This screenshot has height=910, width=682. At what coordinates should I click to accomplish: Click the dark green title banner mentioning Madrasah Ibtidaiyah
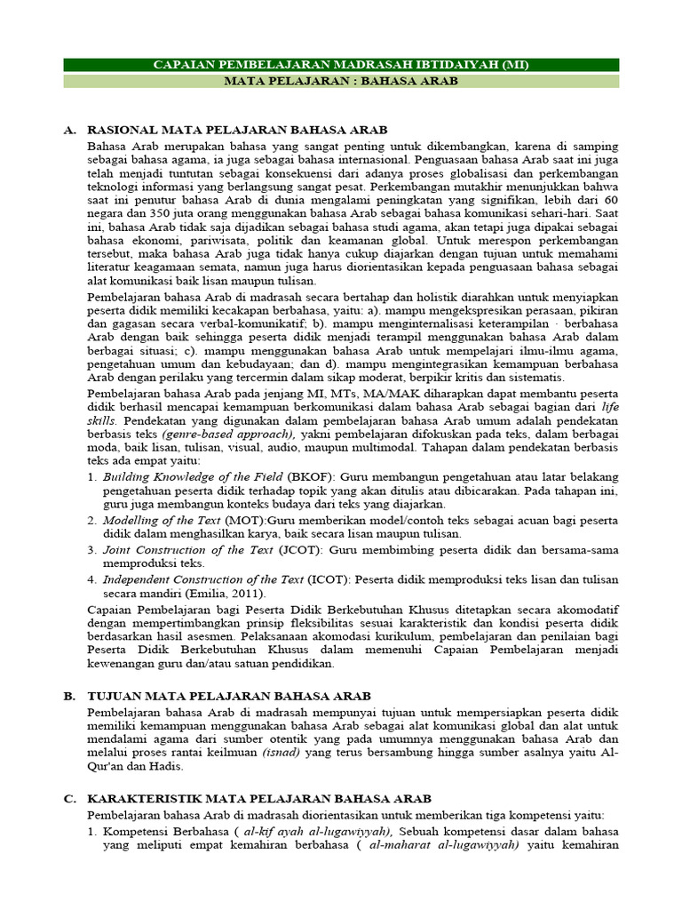pos(341,65)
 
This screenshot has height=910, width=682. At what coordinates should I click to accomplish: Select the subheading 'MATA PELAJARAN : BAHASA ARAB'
pos(341,81)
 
